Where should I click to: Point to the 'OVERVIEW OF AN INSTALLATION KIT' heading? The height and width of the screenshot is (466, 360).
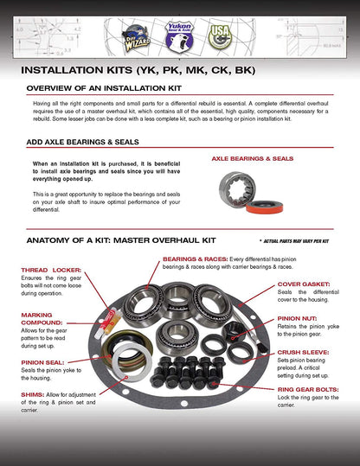[x=110, y=89]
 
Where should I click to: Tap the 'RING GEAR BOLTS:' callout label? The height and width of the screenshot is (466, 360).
[x=309, y=389]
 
